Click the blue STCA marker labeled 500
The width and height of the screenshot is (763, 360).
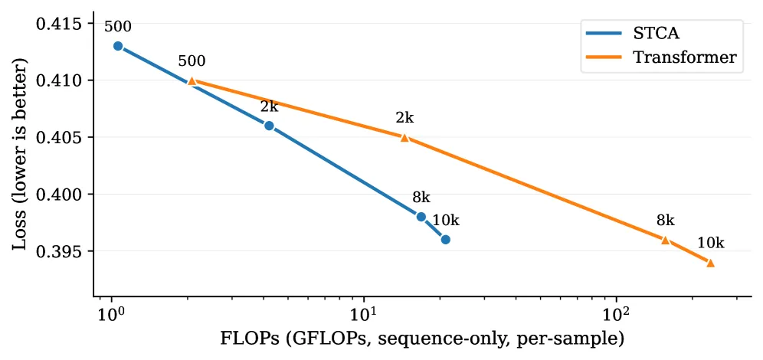[x=118, y=46]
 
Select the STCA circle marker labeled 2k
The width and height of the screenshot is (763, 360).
[x=269, y=126]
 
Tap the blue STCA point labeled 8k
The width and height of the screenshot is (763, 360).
[x=421, y=217]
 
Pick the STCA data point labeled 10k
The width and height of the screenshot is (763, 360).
[x=446, y=239]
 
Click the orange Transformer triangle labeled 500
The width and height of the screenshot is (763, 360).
[x=192, y=80]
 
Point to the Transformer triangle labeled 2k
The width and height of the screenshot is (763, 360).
[x=404, y=138]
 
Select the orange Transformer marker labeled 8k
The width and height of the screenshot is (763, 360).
[x=665, y=240]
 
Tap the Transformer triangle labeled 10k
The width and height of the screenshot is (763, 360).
[x=710, y=263]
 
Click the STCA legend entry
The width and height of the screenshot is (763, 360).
[x=634, y=34]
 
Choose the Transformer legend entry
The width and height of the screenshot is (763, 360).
[x=662, y=57]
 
